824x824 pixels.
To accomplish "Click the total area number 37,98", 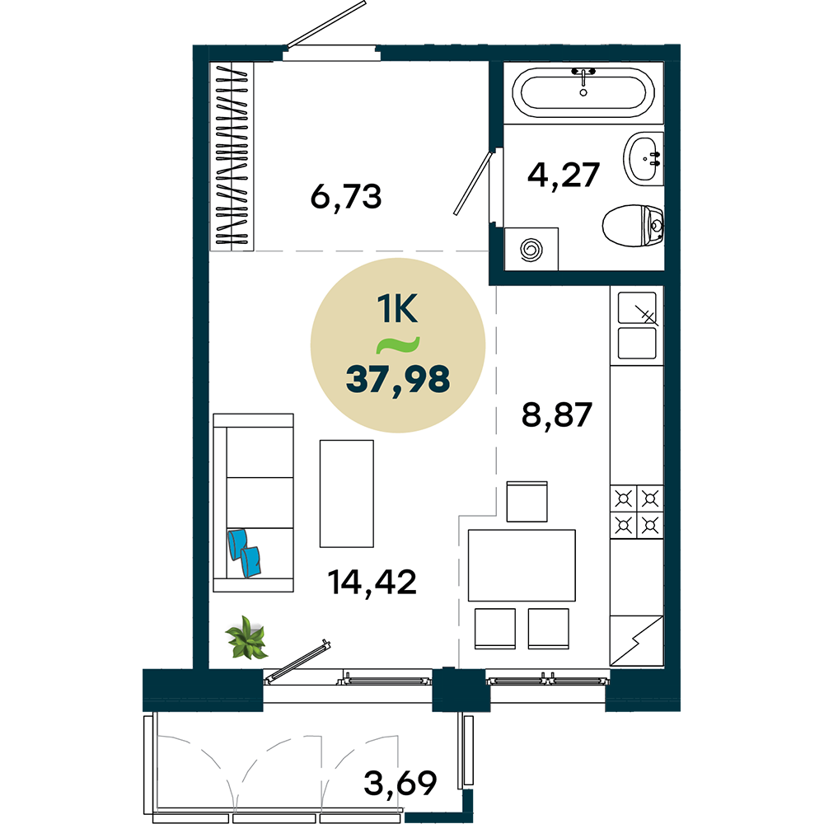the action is pos(398,380).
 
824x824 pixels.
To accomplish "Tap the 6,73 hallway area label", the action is pos(346,197).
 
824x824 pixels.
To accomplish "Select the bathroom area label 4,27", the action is pos(564,176).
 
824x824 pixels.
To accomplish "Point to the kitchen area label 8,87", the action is pos(556,414).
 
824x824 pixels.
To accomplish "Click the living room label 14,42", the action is pos(372,583).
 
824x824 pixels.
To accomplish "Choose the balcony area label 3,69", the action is pos(400,784).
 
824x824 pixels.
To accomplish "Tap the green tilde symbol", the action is pos(398,344).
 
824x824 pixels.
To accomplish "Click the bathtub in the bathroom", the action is pos(583,92).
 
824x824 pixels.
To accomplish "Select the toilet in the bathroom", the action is pos(633,226).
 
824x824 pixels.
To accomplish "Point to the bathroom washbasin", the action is pos(644,159).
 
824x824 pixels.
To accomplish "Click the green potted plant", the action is pos(246,638).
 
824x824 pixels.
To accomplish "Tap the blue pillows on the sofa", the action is pos(245,553).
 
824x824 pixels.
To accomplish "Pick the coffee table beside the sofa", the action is pos(347,494).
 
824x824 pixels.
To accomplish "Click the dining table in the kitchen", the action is pos(522,565).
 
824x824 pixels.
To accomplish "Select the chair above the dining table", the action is pos(527,501).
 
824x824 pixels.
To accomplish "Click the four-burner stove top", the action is pos(637,512).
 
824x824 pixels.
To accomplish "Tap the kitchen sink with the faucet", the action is pos(637,325).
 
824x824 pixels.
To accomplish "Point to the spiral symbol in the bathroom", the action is pos(531,249).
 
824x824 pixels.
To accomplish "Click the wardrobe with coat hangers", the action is pos(232,156).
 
